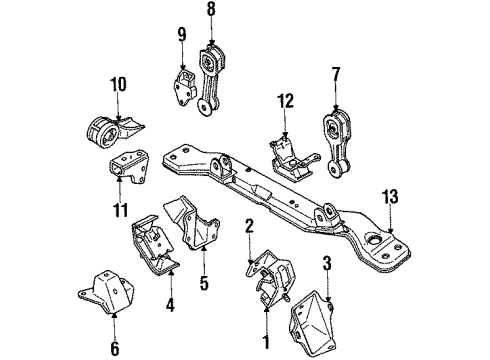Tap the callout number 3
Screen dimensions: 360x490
point(327,264)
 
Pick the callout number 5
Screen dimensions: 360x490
point(204,284)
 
